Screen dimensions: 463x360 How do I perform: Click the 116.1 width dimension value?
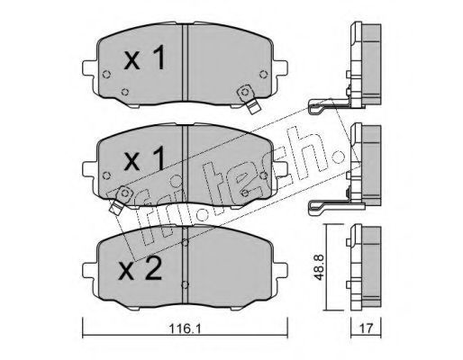click(x=186, y=328)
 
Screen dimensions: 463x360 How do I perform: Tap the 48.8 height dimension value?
click(x=319, y=267)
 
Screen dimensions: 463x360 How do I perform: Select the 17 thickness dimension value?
click(x=366, y=328)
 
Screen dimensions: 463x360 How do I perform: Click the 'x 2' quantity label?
click(x=141, y=268)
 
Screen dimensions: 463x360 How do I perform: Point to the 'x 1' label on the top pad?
click(x=144, y=58)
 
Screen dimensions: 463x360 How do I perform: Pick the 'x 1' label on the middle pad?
click(x=144, y=158)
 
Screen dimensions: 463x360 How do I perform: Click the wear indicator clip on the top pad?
click(x=249, y=100)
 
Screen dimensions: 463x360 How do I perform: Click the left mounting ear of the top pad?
click(x=89, y=68)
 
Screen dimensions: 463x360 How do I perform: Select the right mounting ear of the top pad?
click(x=281, y=68)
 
